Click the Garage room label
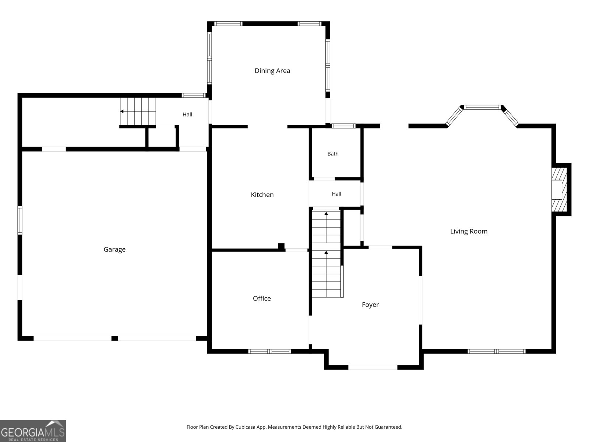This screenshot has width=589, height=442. (x=114, y=249)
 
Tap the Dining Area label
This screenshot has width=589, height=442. (x=272, y=71)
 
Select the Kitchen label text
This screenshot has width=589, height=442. (x=262, y=194)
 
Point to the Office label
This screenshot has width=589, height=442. (x=262, y=298)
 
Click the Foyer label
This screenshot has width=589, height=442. (x=370, y=305)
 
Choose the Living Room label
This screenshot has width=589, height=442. (x=469, y=231)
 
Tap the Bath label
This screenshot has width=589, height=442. (x=333, y=154)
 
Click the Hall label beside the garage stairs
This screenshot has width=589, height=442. (x=187, y=115)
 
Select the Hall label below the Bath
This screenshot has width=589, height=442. (x=336, y=194)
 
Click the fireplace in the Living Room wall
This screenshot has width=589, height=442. (x=559, y=189)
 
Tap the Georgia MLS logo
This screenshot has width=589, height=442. (x=33, y=431)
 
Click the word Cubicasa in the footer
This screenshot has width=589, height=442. (x=245, y=427)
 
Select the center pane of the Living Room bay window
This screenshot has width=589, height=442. (x=483, y=107)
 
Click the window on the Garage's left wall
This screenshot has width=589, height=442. (x=20, y=220)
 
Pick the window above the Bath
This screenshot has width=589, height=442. (x=343, y=126)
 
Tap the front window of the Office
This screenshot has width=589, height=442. (x=269, y=351)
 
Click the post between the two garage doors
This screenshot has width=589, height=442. (x=115, y=338)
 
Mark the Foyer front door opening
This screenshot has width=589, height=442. (x=373, y=367)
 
